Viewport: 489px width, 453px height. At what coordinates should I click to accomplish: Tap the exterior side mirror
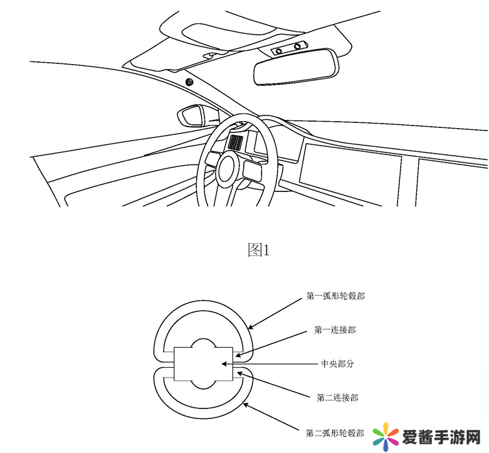click(x=192, y=115)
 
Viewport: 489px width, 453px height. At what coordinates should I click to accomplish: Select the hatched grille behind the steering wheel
click(x=236, y=142)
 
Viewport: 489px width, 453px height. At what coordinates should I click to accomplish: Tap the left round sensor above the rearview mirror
click(x=280, y=49)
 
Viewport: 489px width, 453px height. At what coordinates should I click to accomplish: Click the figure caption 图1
click(x=258, y=250)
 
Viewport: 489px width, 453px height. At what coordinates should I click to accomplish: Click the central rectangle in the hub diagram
click(x=204, y=364)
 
